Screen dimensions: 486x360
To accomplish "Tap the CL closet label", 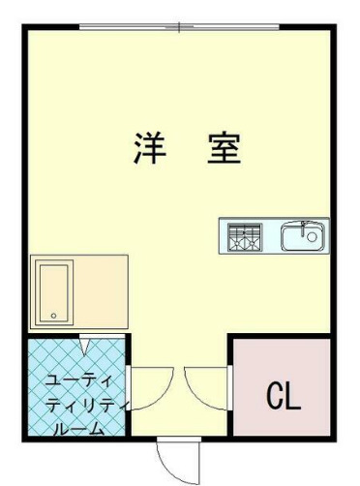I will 284,395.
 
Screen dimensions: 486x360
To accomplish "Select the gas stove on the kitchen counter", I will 244,235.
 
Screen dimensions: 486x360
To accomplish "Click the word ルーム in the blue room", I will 76,428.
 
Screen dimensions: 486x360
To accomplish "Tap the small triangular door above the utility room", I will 84,343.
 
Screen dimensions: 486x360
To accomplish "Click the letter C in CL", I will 274,395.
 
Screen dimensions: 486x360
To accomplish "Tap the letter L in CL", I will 293,395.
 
